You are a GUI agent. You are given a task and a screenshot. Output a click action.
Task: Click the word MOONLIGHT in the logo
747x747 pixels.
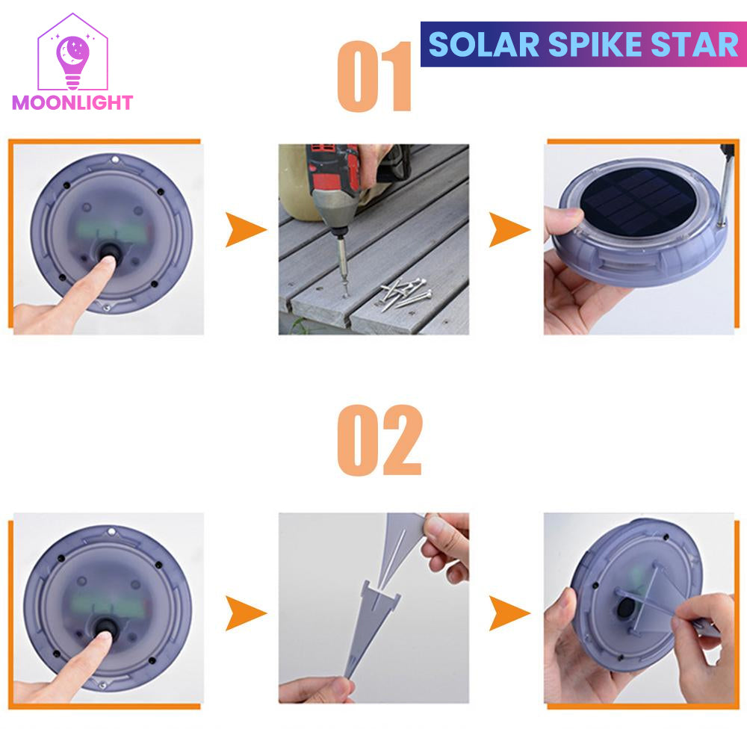click(x=72, y=102)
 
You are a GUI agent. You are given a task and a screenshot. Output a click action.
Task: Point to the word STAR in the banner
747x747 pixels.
click(x=687, y=45)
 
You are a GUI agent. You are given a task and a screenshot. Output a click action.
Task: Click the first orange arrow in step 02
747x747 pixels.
click(x=246, y=614)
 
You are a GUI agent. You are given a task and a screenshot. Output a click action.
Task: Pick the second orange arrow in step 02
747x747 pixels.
click(x=509, y=614)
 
